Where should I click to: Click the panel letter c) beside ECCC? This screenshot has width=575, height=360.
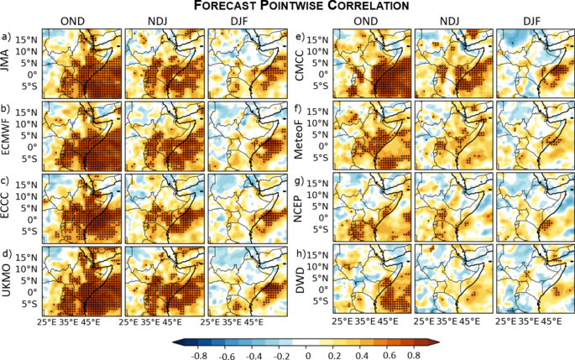point(7,182)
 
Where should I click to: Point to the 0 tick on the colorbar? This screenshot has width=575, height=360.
point(307,356)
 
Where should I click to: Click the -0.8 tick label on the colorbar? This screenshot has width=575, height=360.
point(198,356)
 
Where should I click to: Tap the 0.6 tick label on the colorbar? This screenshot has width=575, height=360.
point(389,356)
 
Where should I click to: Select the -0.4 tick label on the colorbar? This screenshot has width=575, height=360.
point(254,356)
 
